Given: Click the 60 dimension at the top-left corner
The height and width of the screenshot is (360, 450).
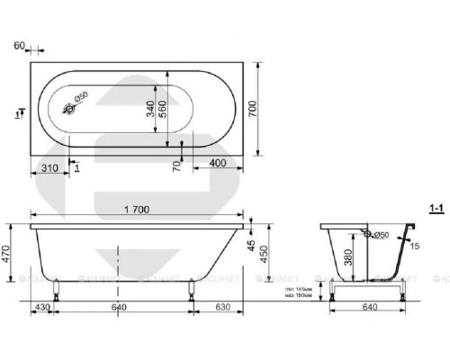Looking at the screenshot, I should point(21,44).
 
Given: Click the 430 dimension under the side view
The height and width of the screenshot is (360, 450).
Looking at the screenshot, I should point(41,309).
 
